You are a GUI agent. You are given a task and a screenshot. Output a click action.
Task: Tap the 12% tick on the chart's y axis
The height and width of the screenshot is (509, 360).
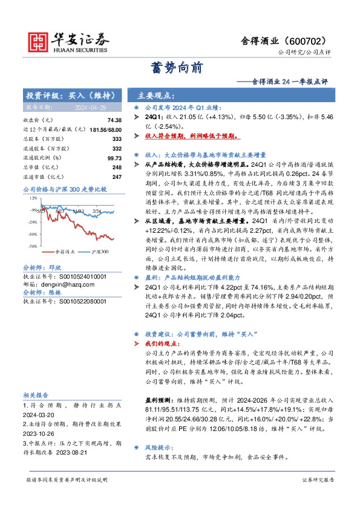click(32, 193)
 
